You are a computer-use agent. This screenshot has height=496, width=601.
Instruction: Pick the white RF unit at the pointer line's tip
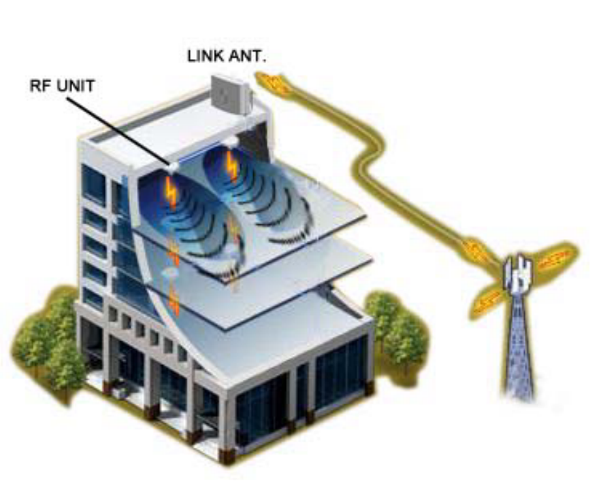coord(173,164)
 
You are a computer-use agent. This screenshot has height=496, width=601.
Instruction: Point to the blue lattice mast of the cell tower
coord(519,347)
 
